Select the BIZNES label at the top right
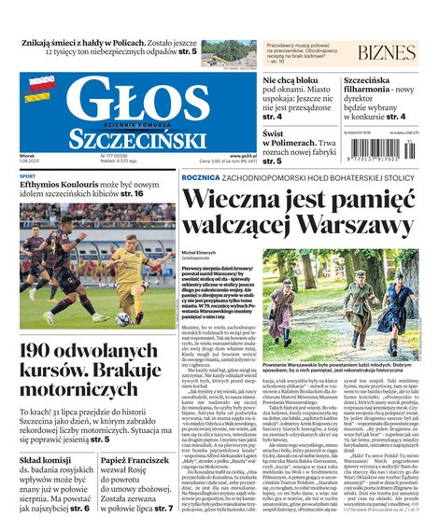(x=386, y=52)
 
